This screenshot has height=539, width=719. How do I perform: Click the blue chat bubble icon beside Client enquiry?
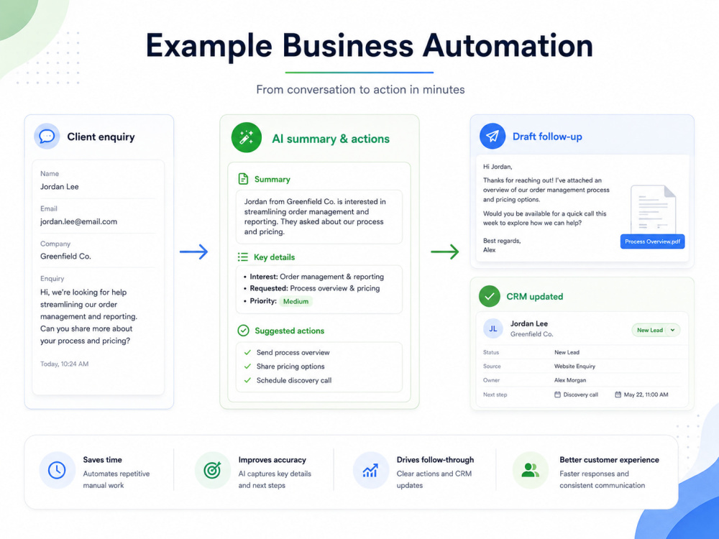coord(47,136)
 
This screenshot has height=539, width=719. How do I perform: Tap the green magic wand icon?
coord(246,137)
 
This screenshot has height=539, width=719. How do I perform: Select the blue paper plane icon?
coord(493,136)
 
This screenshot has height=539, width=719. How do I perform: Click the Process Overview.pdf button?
coord(652,241)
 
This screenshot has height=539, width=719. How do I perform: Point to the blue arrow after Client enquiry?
coord(193,252)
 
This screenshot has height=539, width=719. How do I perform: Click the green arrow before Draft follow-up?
coord(445,252)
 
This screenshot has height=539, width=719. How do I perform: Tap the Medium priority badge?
coord(296,301)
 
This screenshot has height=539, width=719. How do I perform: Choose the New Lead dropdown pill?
coord(656,330)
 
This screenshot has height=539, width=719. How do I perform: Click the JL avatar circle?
coord(493,328)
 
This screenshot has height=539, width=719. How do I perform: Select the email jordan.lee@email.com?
coord(78,221)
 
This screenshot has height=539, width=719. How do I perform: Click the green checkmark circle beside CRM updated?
coord(489,296)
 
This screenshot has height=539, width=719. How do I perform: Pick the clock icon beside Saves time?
coord(57,470)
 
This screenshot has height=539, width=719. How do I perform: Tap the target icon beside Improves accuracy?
coord(212,470)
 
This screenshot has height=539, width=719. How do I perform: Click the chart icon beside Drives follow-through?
coord(370,470)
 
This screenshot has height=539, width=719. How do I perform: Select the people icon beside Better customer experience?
coord(530,470)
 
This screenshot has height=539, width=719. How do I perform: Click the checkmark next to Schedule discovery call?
coord(247,380)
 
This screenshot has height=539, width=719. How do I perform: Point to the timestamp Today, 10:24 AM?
coord(64,364)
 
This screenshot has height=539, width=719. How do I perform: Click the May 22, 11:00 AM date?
coord(646,395)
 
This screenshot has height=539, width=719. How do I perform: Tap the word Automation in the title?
coord(508,46)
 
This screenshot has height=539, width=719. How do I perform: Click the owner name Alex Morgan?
coord(570,380)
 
